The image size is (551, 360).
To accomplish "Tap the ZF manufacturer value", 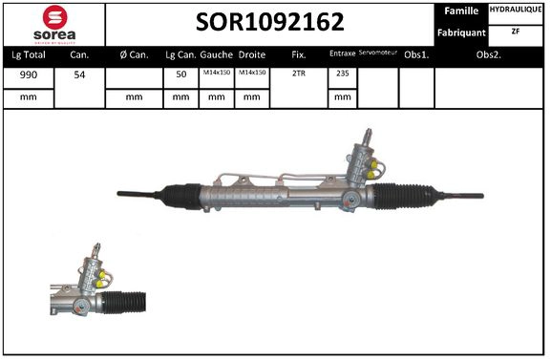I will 517,32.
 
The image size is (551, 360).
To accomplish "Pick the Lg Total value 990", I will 29,74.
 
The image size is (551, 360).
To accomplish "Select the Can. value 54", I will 79,74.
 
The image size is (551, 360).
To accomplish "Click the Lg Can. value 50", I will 180,74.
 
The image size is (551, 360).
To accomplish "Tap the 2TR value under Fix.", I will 298,74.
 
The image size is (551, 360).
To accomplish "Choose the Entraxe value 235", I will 341,74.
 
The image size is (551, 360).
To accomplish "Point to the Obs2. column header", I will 490,54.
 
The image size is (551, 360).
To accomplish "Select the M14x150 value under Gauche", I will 215,73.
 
